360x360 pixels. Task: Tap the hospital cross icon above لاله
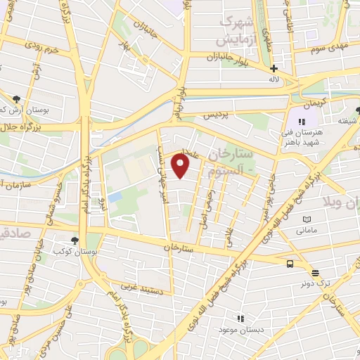pyautogui.click(x=274, y=69)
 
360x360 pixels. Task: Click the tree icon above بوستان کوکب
pyautogui.click(x=76, y=240)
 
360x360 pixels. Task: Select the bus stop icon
pyautogui.click(x=290, y=264)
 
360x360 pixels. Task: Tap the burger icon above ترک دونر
pyautogui.click(x=315, y=273)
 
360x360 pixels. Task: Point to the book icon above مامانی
pyautogui.click(x=307, y=220)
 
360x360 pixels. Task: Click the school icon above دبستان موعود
pyautogui.click(x=240, y=319)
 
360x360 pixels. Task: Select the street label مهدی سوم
pyautogui.click(x=327, y=46)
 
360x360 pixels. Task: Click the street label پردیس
pyautogui.click(x=217, y=114)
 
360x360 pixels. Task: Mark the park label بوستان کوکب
pyautogui.click(x=77, y=250)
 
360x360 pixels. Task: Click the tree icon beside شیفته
pyautogui.click(x=358, y=110)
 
